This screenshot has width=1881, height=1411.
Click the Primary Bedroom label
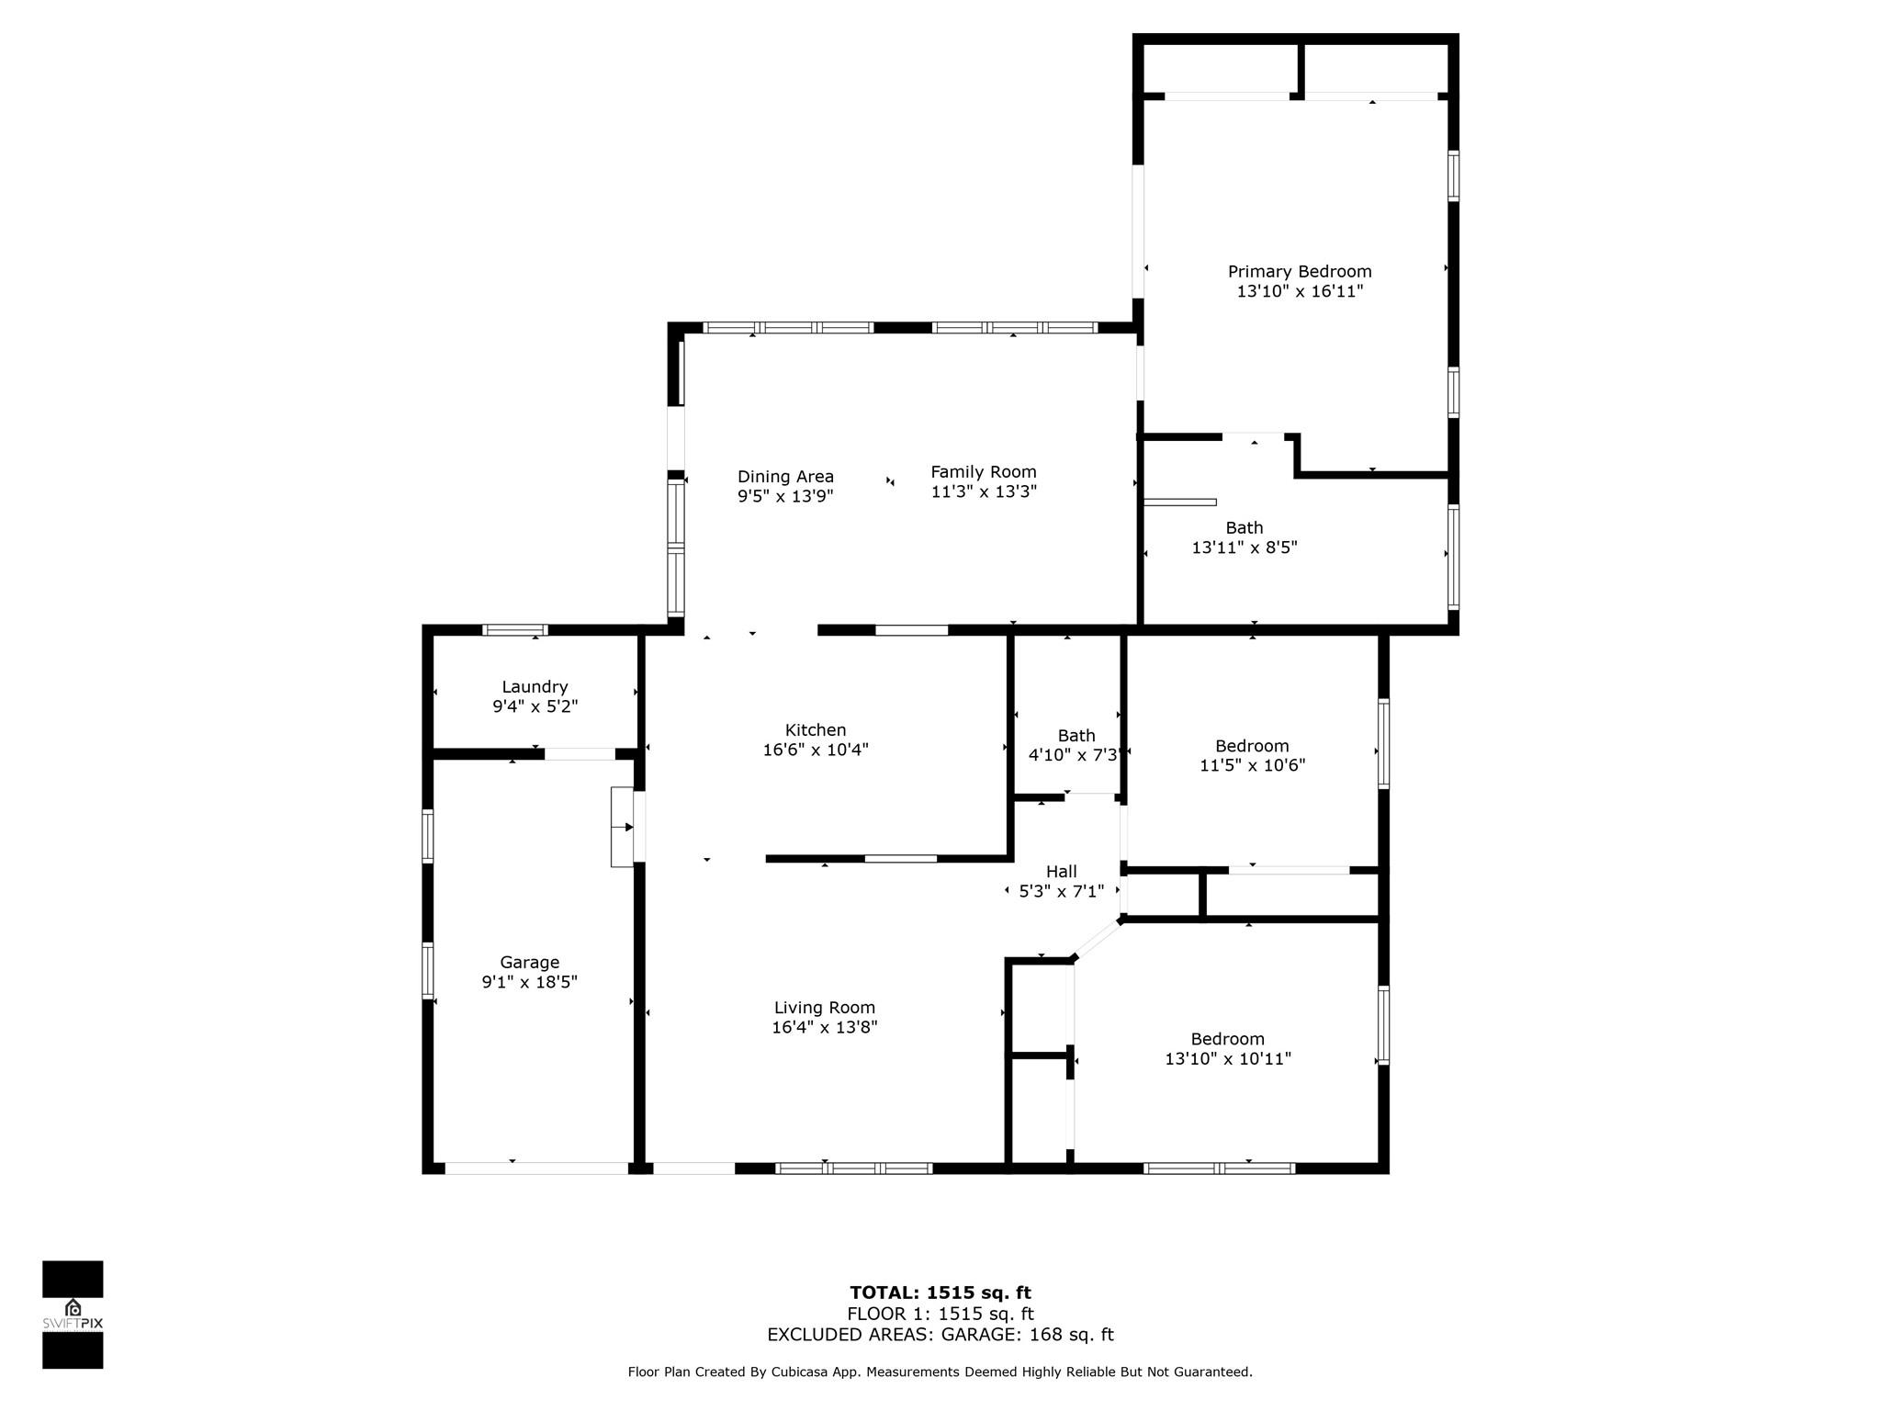click(x=1300, y=271)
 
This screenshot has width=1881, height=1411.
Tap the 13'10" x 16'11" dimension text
click(x=1300, y=291)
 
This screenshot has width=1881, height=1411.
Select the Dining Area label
click(x=785, y=477)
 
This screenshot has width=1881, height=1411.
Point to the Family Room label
click(x=984, y=472)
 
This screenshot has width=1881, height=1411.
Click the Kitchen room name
click(x=816, y=730)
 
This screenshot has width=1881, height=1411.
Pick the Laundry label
click(x=535, y=687)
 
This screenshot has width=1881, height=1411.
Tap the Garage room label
click(x=530, y=963)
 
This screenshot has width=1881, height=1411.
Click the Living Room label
click(x=825, y=1008)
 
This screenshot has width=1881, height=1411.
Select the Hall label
click(x=1062, y=871)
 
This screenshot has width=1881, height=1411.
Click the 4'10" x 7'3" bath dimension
click(x=1073, y=755)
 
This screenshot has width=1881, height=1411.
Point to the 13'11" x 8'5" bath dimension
click(x=1245, y=547)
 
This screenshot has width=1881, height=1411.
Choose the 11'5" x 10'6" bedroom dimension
click(x=1252, y=765)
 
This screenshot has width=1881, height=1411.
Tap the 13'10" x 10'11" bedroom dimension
click(x=1228, y=1058)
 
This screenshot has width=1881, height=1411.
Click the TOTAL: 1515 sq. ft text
click(x=940, y=1292)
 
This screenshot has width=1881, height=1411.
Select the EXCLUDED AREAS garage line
click(x=940, y=1335)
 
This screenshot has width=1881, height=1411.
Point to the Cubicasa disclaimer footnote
click(x=940, y=1372)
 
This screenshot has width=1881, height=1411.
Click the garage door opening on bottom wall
click(x=536, y=1168)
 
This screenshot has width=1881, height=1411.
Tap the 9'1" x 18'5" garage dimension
click(x=530, y=982)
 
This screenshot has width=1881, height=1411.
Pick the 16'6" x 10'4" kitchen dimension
click(x=816, y=750)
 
